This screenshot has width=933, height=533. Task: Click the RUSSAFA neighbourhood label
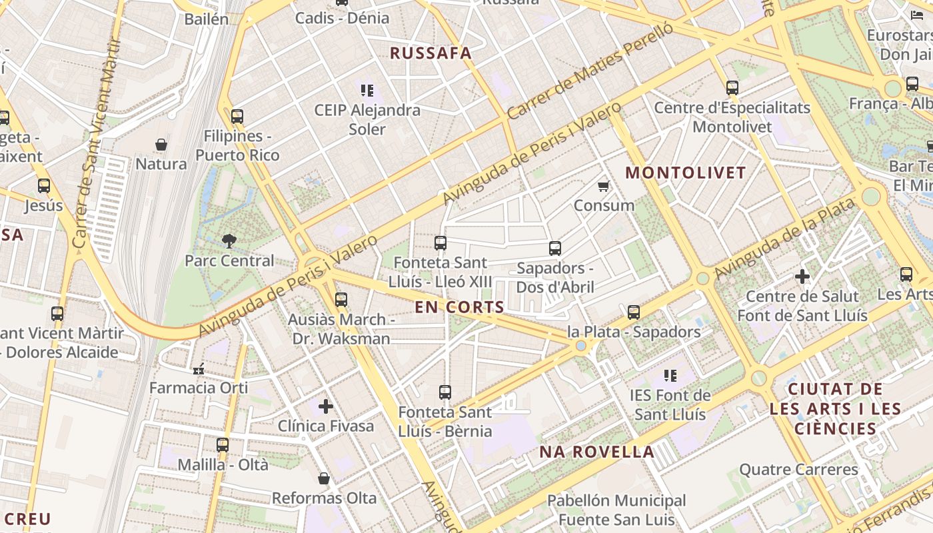(x=430, y=53)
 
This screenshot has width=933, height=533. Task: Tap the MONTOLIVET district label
(x=685, y=173)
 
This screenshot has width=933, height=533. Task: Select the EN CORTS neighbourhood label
(x=459, y=307)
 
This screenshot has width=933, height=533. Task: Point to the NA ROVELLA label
(x=596, y=452)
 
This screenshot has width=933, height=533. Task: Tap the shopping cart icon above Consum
(x=604, y=186)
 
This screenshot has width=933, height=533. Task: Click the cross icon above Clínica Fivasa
(x=326, y=406)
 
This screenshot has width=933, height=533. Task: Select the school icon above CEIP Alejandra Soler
(x=367, y=90)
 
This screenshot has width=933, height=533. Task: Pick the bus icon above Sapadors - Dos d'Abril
(x=555, y=249)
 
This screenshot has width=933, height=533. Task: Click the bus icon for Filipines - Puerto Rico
(x=237, y=117)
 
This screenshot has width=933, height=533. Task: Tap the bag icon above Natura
(x=161, y=145)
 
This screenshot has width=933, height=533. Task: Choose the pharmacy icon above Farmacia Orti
(x=199, y=368)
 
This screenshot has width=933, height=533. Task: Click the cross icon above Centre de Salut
(x=802, y=276)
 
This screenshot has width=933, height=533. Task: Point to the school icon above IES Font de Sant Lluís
(x=670, y=376)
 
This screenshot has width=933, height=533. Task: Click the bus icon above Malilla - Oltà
(x=223, y=444)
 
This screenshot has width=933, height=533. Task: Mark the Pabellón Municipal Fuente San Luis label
(x=616, y=510)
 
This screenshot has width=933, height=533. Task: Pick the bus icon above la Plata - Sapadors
(x=634, y=312)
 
